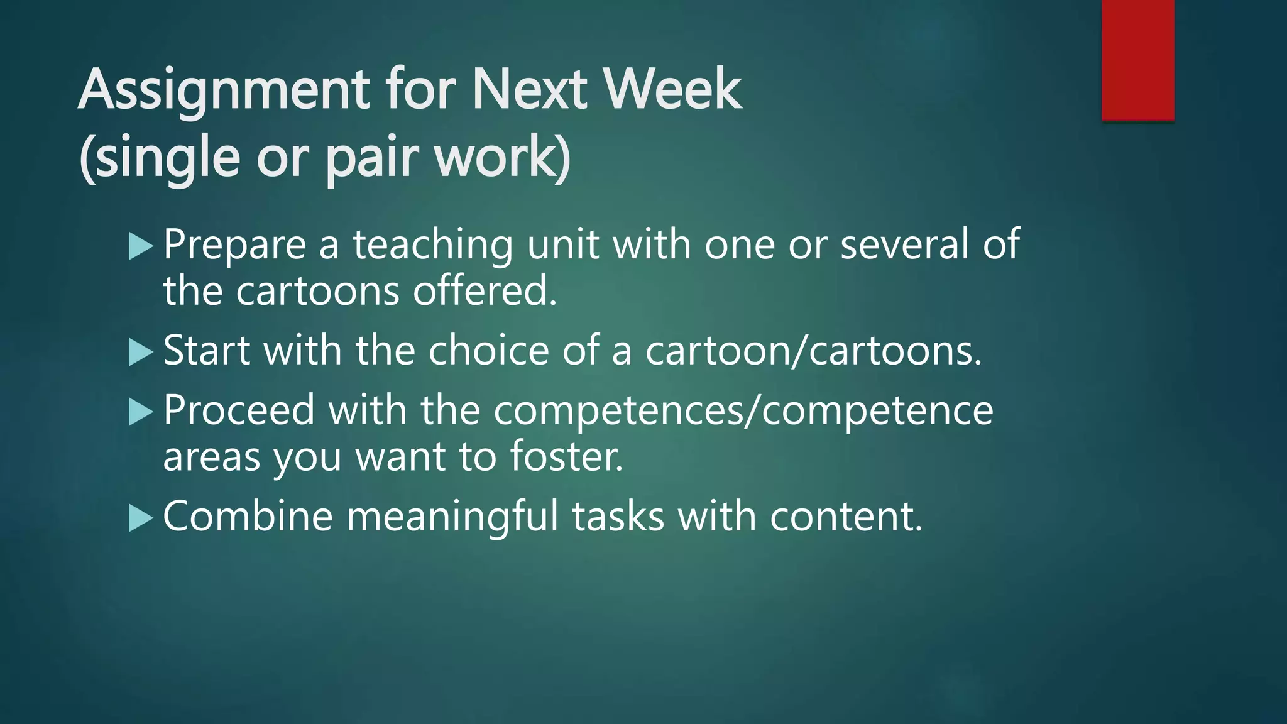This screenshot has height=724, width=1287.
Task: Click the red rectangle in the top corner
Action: coord(1137,60)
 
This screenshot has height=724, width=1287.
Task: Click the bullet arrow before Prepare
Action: coord(141,246)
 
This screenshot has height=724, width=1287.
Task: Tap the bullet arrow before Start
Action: coord(141,352)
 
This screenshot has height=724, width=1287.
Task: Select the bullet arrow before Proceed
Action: coord(141,412)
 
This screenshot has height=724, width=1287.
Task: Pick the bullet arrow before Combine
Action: coord(141,518)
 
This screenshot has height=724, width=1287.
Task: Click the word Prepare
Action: coord(234,245)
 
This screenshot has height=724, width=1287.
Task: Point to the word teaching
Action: coord(432,245)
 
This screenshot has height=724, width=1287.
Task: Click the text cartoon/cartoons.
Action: coord(813,350)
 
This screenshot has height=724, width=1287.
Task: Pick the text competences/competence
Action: coord(743,411)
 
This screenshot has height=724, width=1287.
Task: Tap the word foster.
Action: coord(566,457)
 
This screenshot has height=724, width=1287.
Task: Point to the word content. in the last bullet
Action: coord(846,517)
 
